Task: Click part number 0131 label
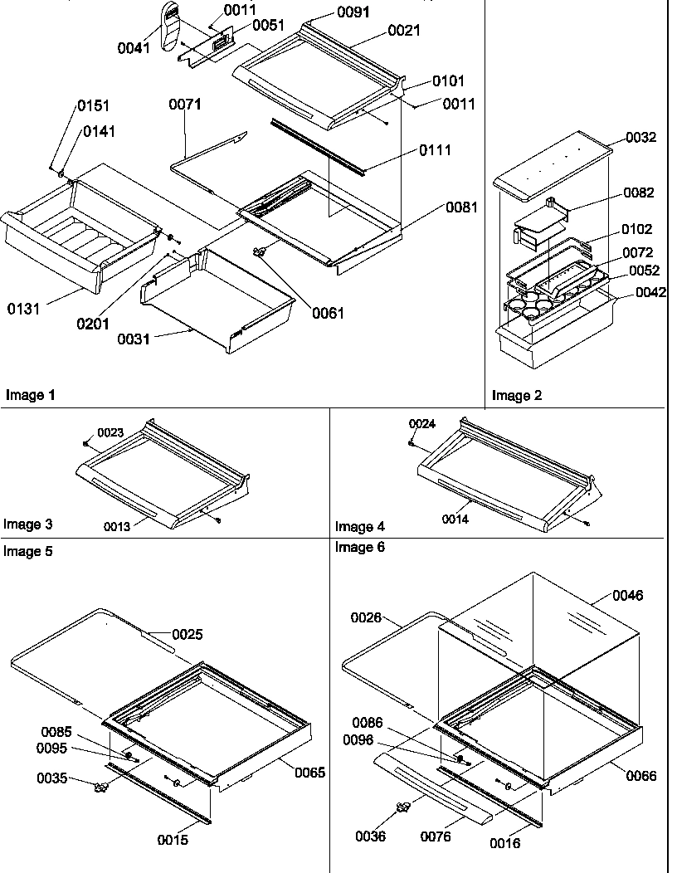(x=22, y=310)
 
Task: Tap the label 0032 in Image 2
(x=640, y=138)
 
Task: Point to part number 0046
(x=627, y=595)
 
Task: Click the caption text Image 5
(x=27, y=552)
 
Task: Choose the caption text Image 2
(x=516, y=396)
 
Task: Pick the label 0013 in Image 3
(x=116, y=526)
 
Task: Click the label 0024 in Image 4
(x=421, y=424)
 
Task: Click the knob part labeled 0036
(x=403, y=807)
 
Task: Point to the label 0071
(x=185, y=105)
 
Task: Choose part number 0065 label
(x=309, y=772)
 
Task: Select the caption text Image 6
(x=359, y=547)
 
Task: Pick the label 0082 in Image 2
(x=639, y=193)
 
